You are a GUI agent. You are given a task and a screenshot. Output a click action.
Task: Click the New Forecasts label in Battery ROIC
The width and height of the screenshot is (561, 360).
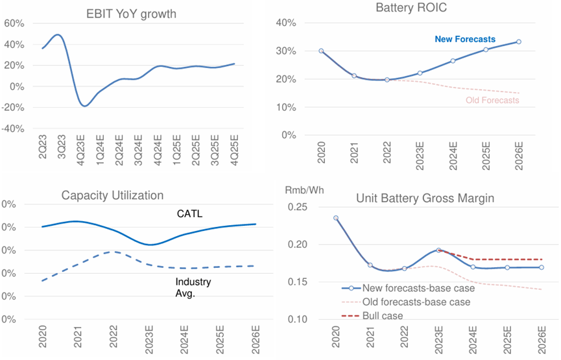point(465,40)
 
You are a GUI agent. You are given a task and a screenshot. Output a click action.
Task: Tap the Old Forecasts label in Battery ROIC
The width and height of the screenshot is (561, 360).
point(492,101)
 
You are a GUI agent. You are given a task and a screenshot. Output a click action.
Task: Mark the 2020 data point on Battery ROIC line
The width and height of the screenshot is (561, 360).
point(321,51)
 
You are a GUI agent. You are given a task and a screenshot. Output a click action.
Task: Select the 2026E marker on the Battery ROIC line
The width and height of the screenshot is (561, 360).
point(518,42)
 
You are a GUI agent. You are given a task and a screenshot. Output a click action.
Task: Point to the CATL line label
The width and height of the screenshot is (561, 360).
point(190,213)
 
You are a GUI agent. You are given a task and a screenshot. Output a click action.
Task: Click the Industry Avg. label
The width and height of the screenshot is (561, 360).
point(193,287)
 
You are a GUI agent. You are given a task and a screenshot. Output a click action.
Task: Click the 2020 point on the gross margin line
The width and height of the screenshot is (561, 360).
point(336,218)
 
